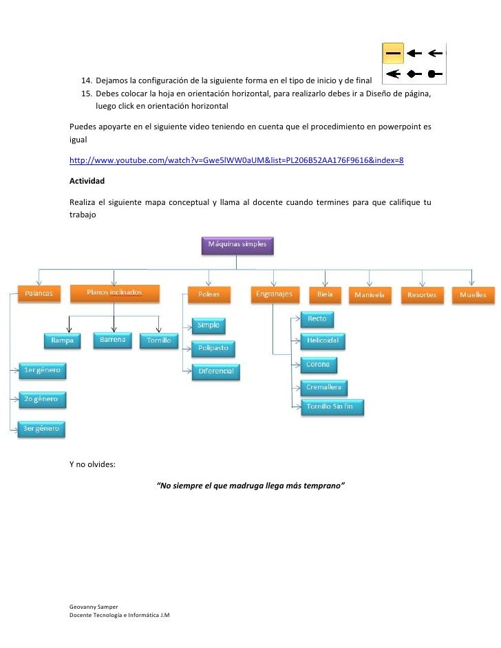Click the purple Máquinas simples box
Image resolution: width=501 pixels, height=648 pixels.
(x=237, y=245)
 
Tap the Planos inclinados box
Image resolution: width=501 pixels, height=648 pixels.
(x=114, y=294)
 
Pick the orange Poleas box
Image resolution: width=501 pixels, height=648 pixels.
(x=209, y=294)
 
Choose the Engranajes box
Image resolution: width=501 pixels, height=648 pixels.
(x=273, y=294)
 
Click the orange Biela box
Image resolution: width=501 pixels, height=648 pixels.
(x=325, y=294)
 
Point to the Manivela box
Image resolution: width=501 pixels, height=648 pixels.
(x=370, y=295)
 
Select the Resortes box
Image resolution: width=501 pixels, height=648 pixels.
(x=421, y=295)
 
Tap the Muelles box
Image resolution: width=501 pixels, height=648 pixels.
(x=473, y=295)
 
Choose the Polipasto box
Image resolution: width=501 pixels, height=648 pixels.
(x=213, y=349)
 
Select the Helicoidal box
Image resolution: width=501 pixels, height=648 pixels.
(x=323, y=341)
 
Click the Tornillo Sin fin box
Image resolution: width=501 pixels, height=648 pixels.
(x=331, y=407)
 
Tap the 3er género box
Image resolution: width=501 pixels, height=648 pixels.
(x=41, y=428)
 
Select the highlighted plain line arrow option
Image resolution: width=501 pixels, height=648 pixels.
(x=393, y=52)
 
